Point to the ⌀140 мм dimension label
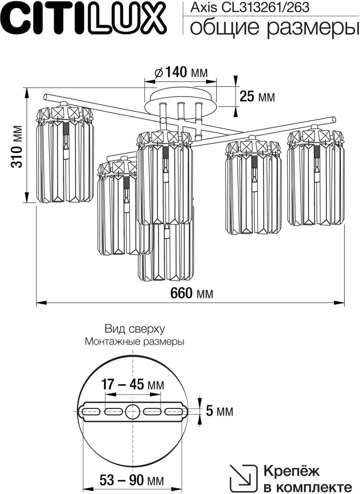click(x=180, y=72)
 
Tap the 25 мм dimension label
click(x=257, y=97)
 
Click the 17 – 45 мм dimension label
click(x=133, y=385)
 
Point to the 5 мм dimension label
click(x=219, y=411)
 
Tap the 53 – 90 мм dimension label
click(x=131, y=480)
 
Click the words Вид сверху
click(x=135, y=329)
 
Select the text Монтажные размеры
click(x=135, y=342)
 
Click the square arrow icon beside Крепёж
click(x=243, y=478)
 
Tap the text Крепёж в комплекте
click(x=307, y=479)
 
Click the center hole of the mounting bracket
click(x=133, y=411)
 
